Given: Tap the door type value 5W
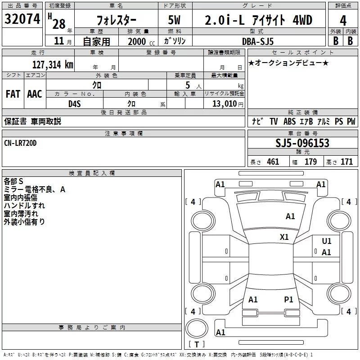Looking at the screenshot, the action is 175,20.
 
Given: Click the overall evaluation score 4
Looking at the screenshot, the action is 343,20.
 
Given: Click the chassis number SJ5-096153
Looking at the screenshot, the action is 302,144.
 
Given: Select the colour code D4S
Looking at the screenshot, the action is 74,103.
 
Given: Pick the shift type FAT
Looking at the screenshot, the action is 13,94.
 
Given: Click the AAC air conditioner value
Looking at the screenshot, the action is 35,94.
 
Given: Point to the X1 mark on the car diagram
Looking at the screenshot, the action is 284,237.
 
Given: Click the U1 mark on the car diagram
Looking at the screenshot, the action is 327,241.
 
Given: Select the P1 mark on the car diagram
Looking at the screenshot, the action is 288,299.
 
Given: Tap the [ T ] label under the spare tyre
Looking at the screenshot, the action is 197,345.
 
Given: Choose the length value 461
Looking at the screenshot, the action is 273,162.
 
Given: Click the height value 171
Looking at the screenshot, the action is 346,162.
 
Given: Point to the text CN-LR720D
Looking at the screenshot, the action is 21,143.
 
